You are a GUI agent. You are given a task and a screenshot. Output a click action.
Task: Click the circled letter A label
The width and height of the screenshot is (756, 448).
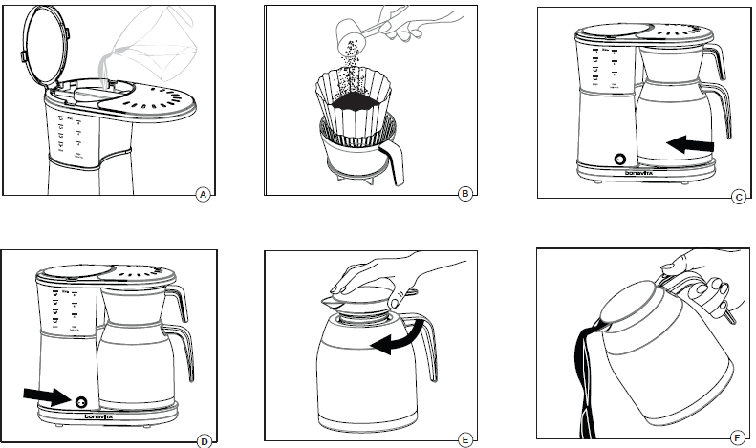[x=202, y=194]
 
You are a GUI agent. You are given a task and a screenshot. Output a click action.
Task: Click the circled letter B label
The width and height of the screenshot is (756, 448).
[x=465, y=194]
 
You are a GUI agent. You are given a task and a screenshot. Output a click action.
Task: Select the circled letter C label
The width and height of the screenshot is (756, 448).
[x=738, y=198]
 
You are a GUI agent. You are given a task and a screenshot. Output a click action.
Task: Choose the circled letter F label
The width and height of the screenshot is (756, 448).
[x=737, y=438]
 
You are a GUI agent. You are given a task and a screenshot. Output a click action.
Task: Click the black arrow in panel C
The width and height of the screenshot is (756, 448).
[x=690, y=144]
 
